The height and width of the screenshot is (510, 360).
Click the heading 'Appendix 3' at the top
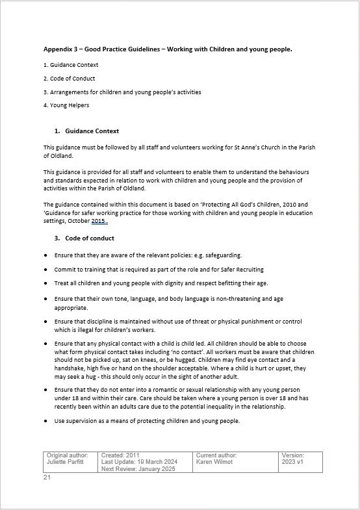(x=64, y=49)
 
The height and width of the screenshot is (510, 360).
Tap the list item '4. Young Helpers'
(x=66, y=105)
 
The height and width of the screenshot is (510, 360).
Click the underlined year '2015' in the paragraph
(x=98, y=222)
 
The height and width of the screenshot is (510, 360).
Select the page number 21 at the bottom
(x=47, y=478)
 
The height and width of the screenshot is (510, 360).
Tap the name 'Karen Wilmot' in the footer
(x=215, y=462)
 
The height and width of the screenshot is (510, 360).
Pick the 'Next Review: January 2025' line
(x=138, y=468)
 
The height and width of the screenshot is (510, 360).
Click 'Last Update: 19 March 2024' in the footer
(x=140, y=462)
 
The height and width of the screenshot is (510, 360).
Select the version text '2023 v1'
(x=293, y=462)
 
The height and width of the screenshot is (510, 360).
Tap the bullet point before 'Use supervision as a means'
(x=46, y=421)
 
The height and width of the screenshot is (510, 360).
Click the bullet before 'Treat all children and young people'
(x=46, y=283)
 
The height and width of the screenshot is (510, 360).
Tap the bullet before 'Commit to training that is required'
(x=46, y=269)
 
